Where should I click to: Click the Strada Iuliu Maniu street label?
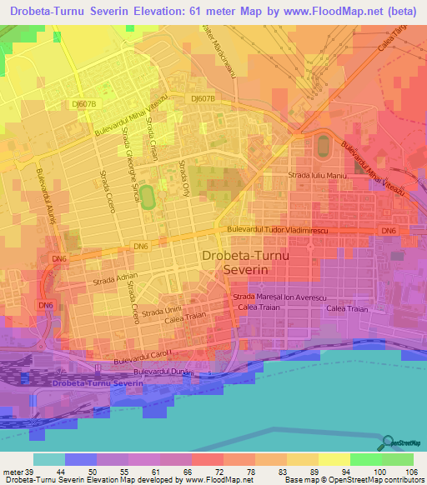pyautogui.click(x=316, y=176)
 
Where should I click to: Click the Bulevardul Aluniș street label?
pyautogui.click(x=43, y=195)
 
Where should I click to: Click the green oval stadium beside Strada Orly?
pyautogui.click(x=148, y=197)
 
